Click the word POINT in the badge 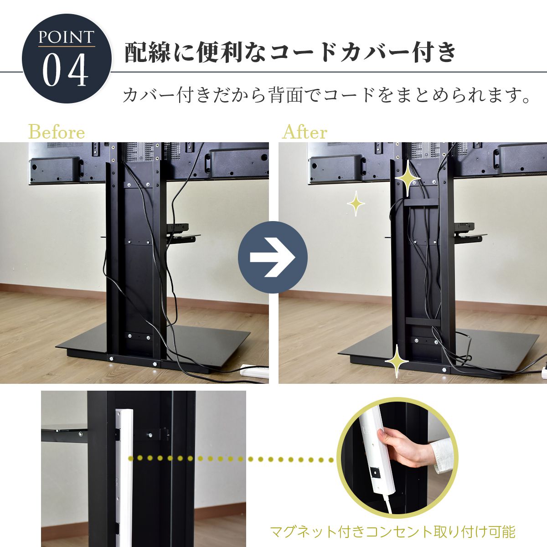[66, 37]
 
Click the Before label [57, 132]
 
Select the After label [304, 132]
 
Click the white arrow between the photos [272, 257]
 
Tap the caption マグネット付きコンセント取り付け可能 [392, 532]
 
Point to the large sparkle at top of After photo [408, 178]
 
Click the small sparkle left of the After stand [356, 203]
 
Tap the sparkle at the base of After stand [397, 361]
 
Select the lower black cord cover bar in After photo [423, 321]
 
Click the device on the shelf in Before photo [177, 228]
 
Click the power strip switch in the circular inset [376, 473]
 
